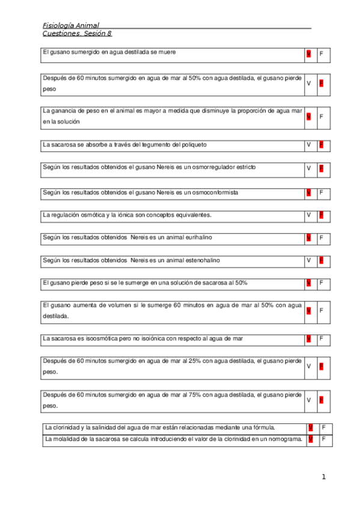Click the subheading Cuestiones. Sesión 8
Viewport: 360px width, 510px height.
coord(77,34)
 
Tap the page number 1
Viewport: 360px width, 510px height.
coord(323,478)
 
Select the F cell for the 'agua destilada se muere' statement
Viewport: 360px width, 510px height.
coord(322,55)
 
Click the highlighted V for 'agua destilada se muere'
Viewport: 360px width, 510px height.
coord(308,55)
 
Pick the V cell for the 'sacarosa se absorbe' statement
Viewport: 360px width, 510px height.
coord(308,145)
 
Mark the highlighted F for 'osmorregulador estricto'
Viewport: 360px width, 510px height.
coord(322,168)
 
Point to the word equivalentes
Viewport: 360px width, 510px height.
coord(191,215)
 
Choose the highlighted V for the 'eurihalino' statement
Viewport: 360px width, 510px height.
coord(308,238)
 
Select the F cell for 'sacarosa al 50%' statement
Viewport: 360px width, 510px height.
coord(322,283)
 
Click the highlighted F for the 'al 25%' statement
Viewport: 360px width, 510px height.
coord(322,366)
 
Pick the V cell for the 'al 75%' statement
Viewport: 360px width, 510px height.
coord(308,400)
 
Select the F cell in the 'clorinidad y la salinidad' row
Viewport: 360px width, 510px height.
coord(324,428)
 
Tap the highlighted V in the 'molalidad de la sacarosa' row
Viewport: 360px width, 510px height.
coord(311,439)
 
